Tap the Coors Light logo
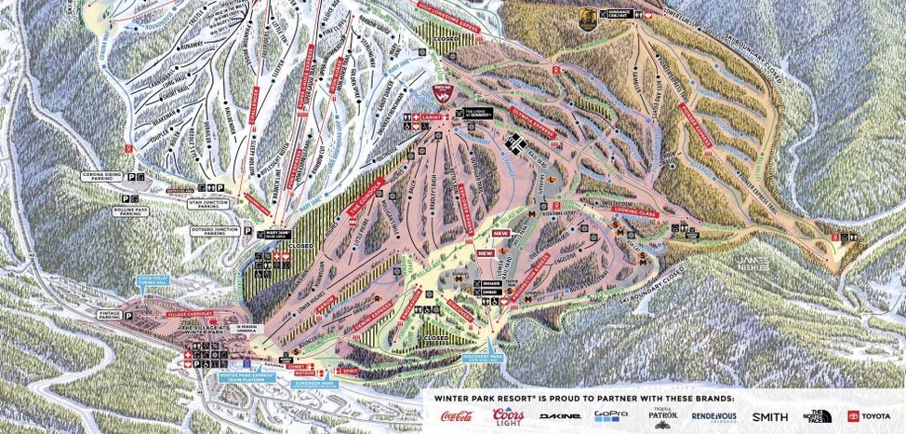click(x=506, y=415)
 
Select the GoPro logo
click(x=612, y=415)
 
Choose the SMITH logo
click(x=769, y=416)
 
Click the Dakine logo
click(x=559, y=416)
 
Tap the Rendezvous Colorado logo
click(x=715, y=415)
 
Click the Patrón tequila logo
click(x=662, y=415)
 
